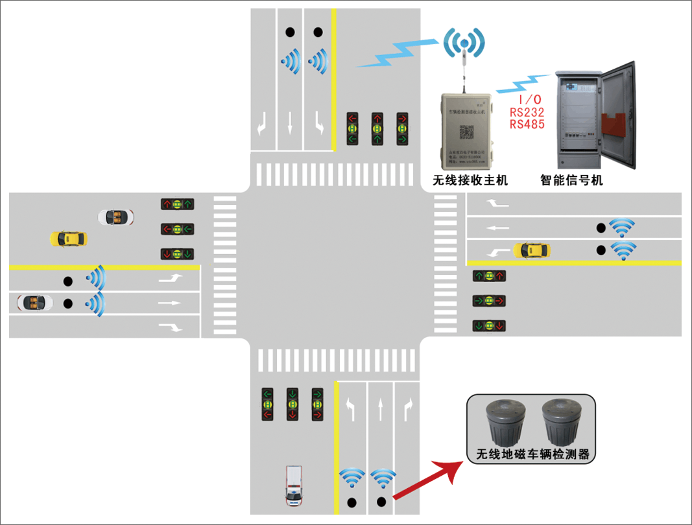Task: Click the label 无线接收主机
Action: (x=470, y=180)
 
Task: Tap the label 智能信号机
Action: (x=571, y=180)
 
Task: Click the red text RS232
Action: (x=527, y=111)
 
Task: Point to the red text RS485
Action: (x=527, y=124)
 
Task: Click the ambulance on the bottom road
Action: (x=294, y=485)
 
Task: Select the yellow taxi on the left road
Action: (x=68, y=239)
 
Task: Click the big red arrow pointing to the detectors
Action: (x=427, y=482)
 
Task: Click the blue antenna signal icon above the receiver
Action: (x=464, y=43)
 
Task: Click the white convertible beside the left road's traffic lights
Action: (x=116, y=216)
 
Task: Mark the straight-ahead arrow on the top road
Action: (x=290, y=122)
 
